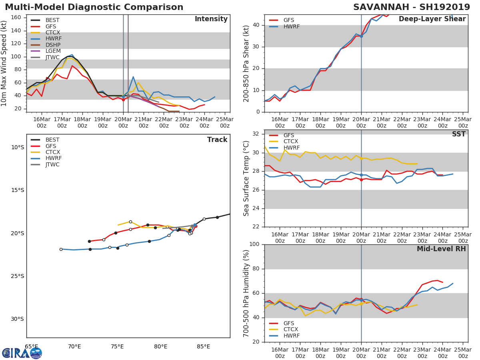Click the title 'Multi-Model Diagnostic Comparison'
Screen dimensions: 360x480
(x=94, y=7)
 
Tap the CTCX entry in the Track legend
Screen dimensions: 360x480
(x=52, y=152)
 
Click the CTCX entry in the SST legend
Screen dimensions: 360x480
(x=290, y=142)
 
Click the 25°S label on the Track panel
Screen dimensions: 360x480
(x=18, y=276)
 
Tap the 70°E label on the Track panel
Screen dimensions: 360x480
(x=74, y=346)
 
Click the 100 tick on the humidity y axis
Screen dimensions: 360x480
(x=256, y=244)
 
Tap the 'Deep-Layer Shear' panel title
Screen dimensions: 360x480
(x=432, y=19)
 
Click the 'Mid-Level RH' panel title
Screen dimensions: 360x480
(x=441, y=249)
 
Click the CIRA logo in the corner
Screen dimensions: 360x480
(x=22, y=353)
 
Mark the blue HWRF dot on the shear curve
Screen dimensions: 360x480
(x=361, y=36)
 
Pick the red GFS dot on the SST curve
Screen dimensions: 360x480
(x=361, y=180)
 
